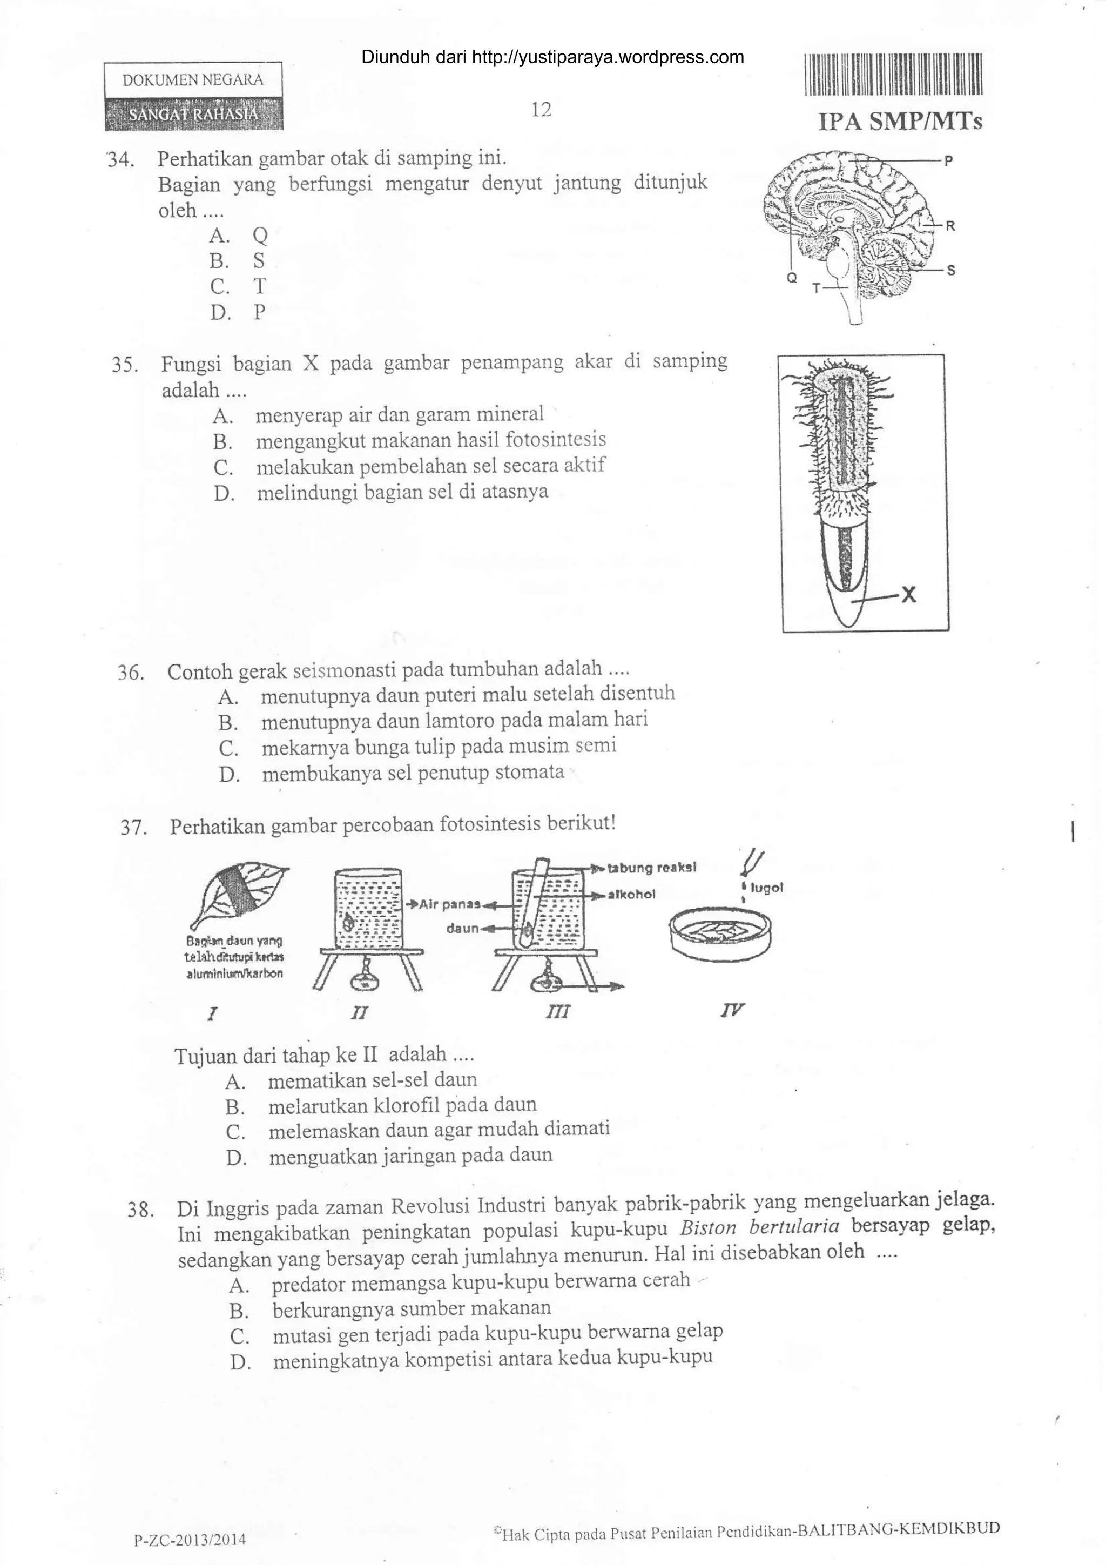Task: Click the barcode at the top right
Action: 893,73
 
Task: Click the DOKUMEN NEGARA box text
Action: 193,80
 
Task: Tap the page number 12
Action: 541,110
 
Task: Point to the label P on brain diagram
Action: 949,161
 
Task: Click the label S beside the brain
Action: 952,271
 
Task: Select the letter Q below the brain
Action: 791,278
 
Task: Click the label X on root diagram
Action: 908,596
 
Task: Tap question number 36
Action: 130,674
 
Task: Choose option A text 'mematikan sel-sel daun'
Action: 372,1080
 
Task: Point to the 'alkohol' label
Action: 632,894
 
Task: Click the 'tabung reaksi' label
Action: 651,868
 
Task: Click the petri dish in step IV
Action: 723,935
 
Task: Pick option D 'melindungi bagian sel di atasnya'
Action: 402,492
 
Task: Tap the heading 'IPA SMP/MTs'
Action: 900,122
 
